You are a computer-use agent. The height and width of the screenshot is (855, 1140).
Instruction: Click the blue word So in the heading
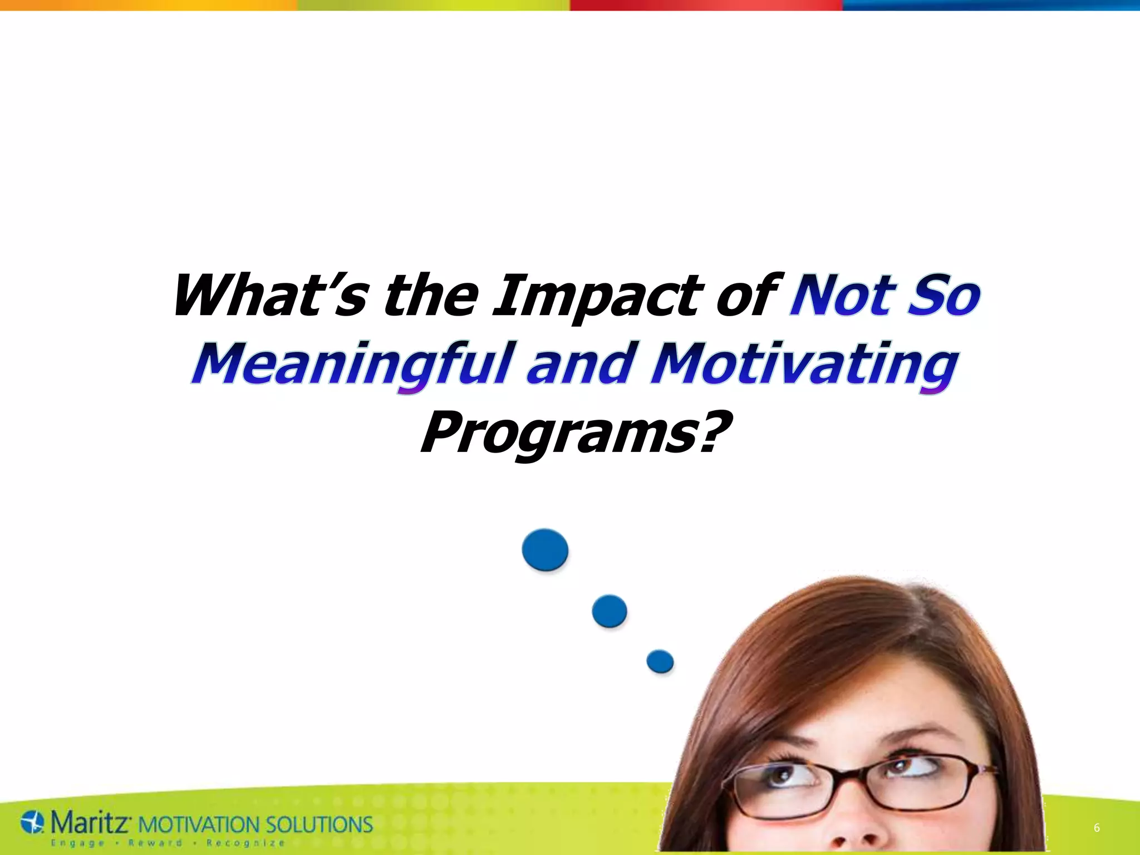pyautogui.click(x=943, y=296)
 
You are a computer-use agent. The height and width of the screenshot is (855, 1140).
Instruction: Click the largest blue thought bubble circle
pyautogui.click(x=545, y=550)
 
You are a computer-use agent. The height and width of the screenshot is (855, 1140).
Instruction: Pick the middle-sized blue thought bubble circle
pyautogui.click(x=609, y=611)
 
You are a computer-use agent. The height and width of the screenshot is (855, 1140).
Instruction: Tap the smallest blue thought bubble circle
pyautogui.click(x=660, y=661)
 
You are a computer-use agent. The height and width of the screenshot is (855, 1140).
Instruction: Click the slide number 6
pyautogui.click(x=1096, y=828)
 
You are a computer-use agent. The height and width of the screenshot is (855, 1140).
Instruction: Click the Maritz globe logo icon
pyautogui.click(x=32, y=823)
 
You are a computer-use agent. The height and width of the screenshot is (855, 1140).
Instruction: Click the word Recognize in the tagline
pyautogui.click(x=245, y=843)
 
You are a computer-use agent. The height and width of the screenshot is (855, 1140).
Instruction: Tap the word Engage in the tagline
pyautogui.click(x=77, y=843)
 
